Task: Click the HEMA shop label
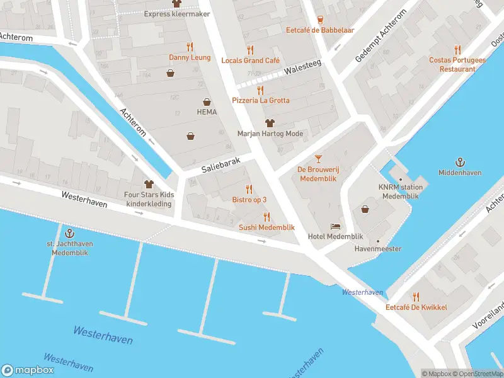click(x=207, y=112)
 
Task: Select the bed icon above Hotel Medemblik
click(x=336, y=226)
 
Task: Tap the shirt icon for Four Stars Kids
click(x=149, y=185)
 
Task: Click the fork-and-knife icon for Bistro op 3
click(x=249, y=189)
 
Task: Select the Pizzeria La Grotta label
click(x=260, y=100)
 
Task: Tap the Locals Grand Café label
click(x=250, y=60)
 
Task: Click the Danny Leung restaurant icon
click(x=189, y=47)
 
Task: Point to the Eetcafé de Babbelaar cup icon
click(x=319, y=19)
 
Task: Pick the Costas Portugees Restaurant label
click(x=457, y=64)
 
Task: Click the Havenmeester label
click(x=378, y=249)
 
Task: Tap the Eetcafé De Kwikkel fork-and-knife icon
click(x=416, y=297)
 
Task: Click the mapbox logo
click(x=28, y=370)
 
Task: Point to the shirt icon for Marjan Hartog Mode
click(x=270, y=123)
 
